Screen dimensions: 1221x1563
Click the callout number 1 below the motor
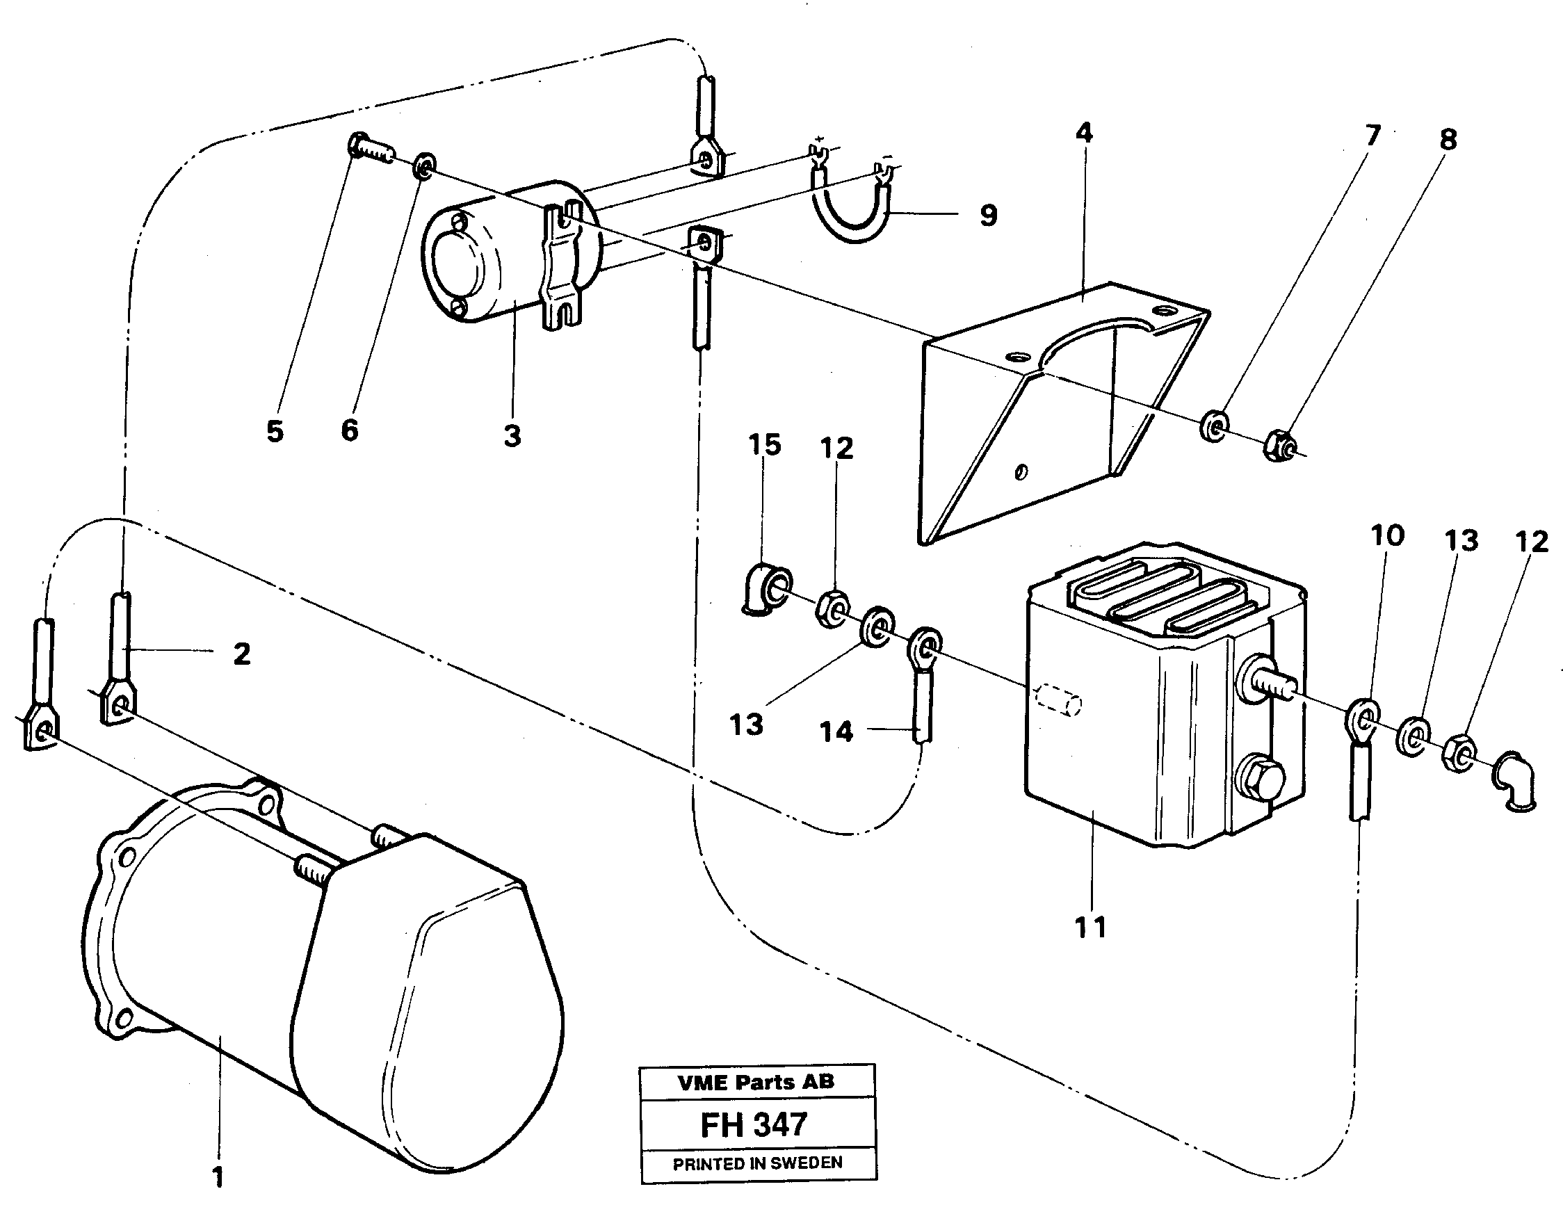218,1176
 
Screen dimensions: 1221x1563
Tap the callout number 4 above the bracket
1084,134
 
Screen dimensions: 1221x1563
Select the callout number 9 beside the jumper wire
987,215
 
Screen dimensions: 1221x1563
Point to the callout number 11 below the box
1091,928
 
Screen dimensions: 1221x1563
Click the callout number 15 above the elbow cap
763,444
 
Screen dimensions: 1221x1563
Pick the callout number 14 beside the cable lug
836,731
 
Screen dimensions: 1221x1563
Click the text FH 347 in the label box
754,1124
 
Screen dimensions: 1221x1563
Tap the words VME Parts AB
756,1081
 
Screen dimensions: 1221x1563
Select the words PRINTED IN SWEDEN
757,1163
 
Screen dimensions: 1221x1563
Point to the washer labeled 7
1214,426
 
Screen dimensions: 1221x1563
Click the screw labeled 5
369,151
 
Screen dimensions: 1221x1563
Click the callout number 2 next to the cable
242,654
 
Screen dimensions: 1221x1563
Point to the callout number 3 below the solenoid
512,435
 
